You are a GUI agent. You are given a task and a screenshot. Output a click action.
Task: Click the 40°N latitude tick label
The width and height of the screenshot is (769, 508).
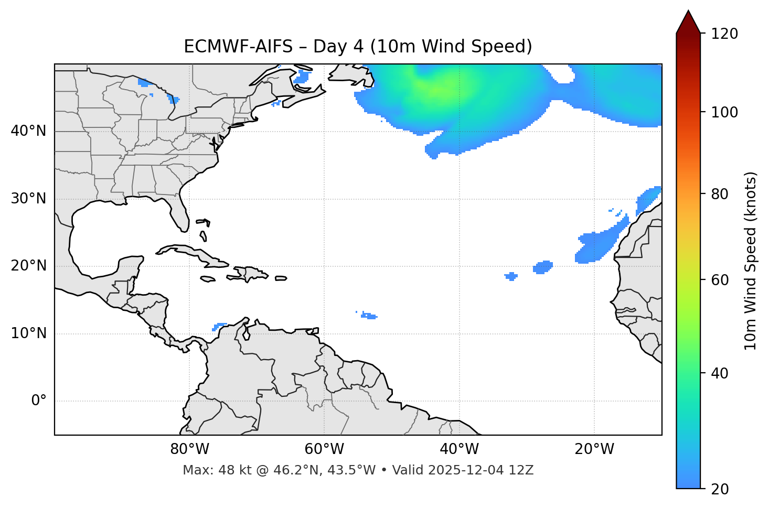(x=28, y=131)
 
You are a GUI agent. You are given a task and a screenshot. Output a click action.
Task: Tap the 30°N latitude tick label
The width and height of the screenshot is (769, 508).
(x=28, y=199)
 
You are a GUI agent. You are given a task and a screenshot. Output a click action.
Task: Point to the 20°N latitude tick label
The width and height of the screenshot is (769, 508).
(x=28, y=266)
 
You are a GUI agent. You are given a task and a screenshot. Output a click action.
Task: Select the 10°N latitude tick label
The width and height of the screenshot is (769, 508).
(x=28, y=333)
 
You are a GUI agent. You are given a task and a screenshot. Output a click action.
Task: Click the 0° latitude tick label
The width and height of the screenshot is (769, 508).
(x=38, y=401)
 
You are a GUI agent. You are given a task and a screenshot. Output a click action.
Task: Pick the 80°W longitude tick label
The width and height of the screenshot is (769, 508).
(x=189, y=449)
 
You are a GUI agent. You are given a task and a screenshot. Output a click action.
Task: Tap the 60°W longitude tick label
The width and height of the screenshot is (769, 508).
(x=324, y=449)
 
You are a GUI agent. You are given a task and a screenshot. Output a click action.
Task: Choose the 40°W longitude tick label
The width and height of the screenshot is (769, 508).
(x=459, y=449)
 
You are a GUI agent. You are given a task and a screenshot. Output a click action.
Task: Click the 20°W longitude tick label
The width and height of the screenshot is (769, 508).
(x=594, y=449)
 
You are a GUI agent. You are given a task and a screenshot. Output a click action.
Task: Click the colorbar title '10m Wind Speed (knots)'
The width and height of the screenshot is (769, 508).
(x=751, y=261)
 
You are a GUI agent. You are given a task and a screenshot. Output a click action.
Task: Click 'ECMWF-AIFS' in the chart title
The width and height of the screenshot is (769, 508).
(x=238, y=47)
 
